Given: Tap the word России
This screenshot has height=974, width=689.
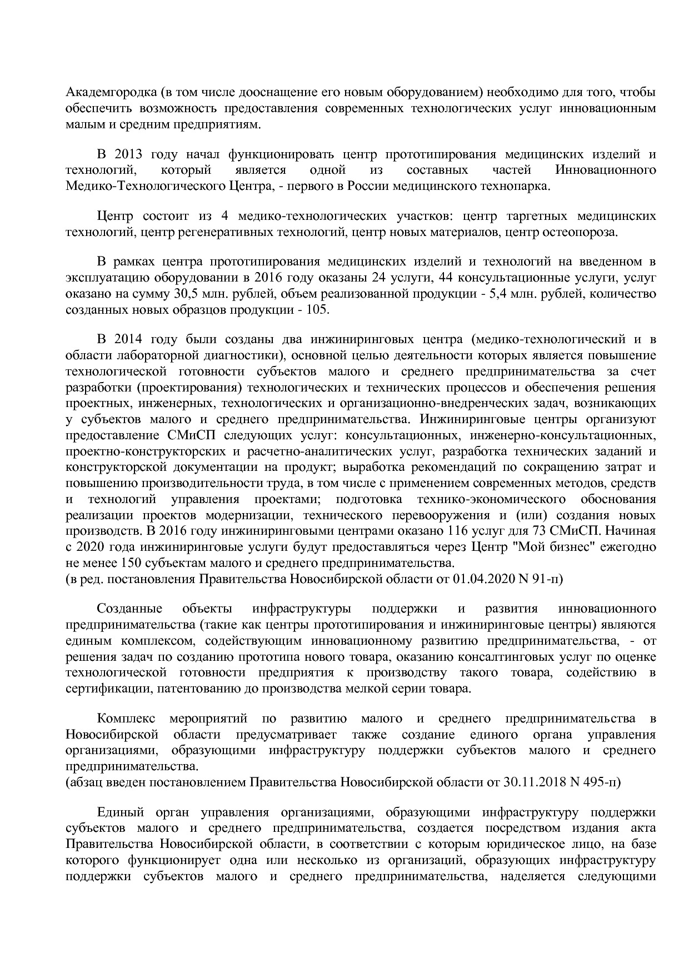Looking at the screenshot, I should (x=368, y=185).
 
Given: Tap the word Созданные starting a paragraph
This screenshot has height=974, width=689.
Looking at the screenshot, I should (x=129, y=609).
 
